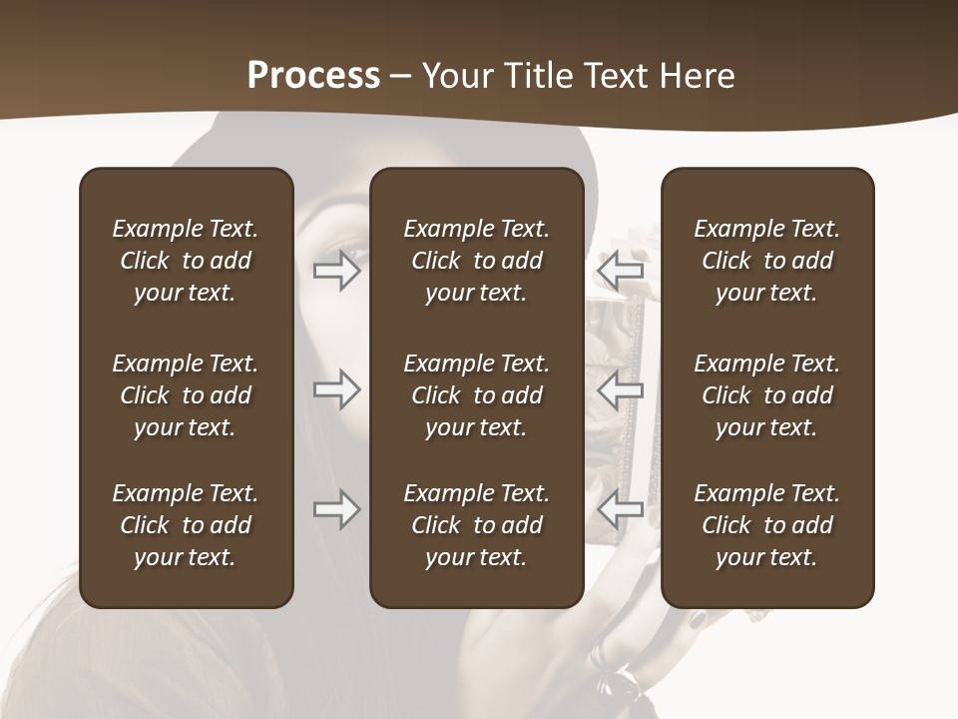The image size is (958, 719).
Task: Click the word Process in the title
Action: [x=313, y=76]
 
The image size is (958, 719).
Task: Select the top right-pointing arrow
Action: [x=337, y=270]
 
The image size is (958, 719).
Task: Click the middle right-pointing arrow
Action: [x=337, y=389]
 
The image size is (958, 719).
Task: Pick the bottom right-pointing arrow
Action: [x=337, y=509]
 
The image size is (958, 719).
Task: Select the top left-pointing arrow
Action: [x=621, y=270]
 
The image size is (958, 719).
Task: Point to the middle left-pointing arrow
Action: [x=621, y=389]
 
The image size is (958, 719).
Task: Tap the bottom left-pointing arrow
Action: [x=621, y=509]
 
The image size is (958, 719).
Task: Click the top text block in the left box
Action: [x=186, y=261]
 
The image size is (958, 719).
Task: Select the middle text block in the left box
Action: [x=186, y=395]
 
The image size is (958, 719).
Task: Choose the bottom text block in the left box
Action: [x=186, y=525]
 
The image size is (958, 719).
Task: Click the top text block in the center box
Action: [x=477, y=261]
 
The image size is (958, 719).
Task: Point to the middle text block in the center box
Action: [x=477, y=395]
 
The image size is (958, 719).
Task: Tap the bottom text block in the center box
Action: [x=477, y=525]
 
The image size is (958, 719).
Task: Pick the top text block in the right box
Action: [x=767, y=261]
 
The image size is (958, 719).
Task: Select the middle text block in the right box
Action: [x=767, y=395]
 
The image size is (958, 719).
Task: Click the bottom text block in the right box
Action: [x=767, y=525]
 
